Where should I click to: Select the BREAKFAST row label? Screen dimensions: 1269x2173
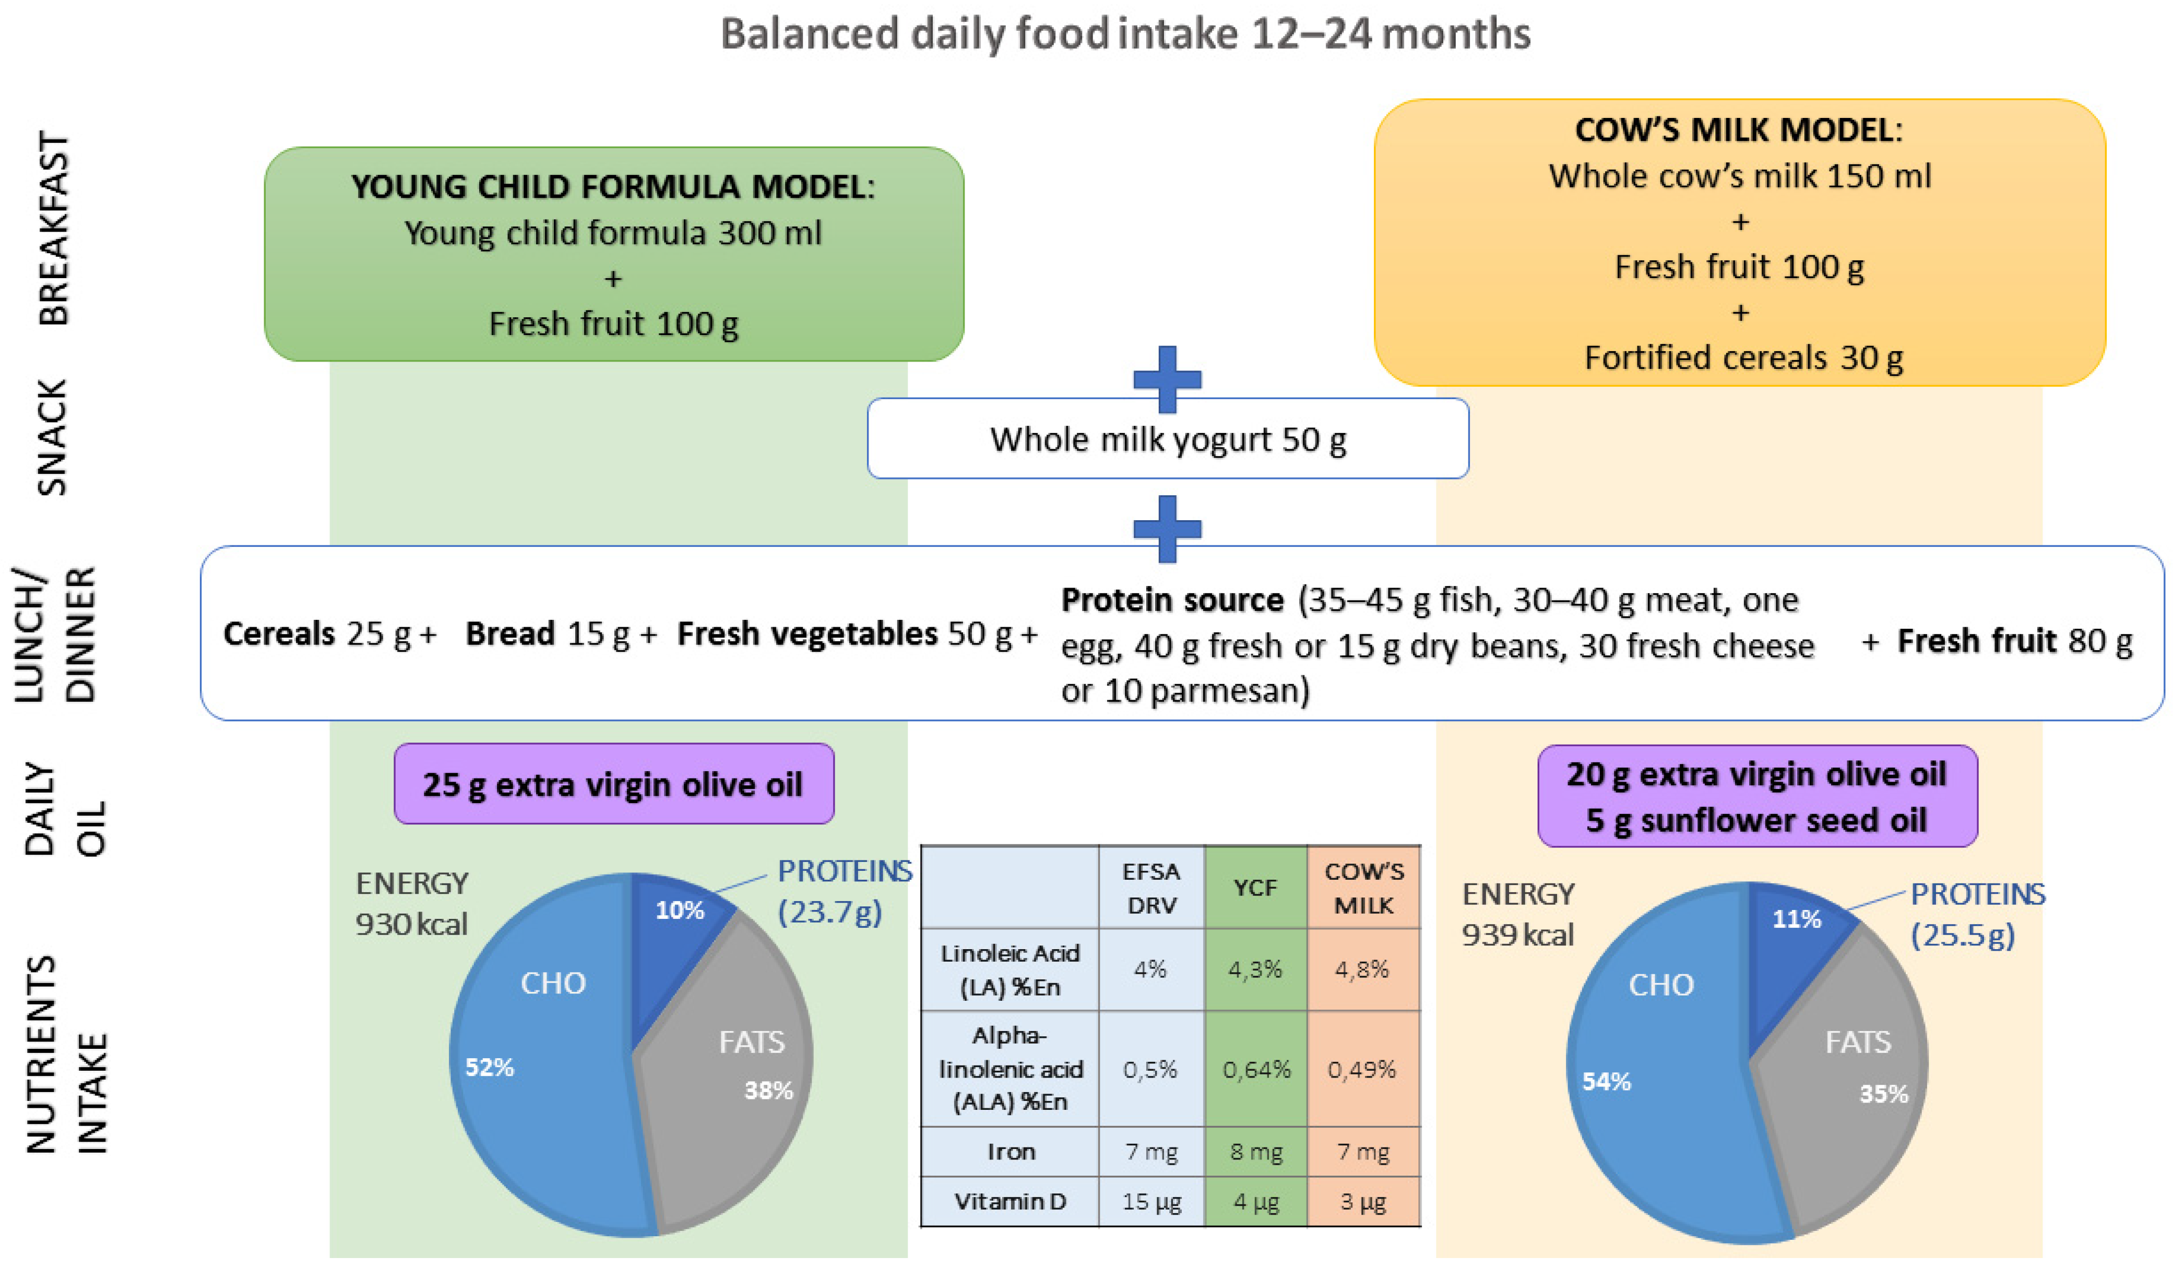pos(53,229)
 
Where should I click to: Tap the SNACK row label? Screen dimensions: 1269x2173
pos(52,437)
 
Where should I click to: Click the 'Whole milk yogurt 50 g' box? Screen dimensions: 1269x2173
pos(1168,440)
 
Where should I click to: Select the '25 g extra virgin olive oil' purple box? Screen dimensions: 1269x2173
pos(613,784)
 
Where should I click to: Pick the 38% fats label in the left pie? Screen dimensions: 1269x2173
pos(768,1091)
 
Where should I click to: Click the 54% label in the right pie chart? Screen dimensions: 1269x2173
pos(1606,1081)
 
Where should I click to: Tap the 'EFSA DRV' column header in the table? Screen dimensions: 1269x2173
pos(1151,888)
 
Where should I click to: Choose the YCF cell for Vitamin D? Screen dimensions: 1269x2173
pos(1255,1201)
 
